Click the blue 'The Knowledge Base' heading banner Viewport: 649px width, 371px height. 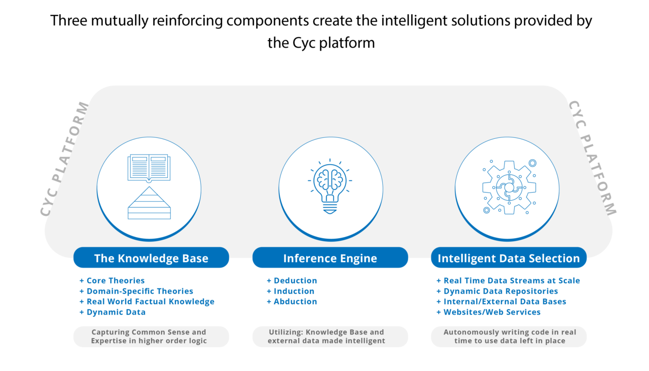point(151,258)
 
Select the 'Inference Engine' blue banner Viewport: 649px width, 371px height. point(330,258)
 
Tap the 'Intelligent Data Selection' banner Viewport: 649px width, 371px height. point(509,258)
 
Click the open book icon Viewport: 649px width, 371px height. point(149,168)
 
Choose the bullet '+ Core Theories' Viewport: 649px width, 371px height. point(112,281)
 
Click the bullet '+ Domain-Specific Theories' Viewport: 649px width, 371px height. point(136,291)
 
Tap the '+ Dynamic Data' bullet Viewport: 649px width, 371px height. point(113,312)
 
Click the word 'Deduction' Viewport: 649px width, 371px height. point(296,281)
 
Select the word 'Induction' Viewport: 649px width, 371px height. point(294,291)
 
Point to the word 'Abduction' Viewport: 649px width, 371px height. point(296,302)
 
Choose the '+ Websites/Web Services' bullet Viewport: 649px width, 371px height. point(488,312)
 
